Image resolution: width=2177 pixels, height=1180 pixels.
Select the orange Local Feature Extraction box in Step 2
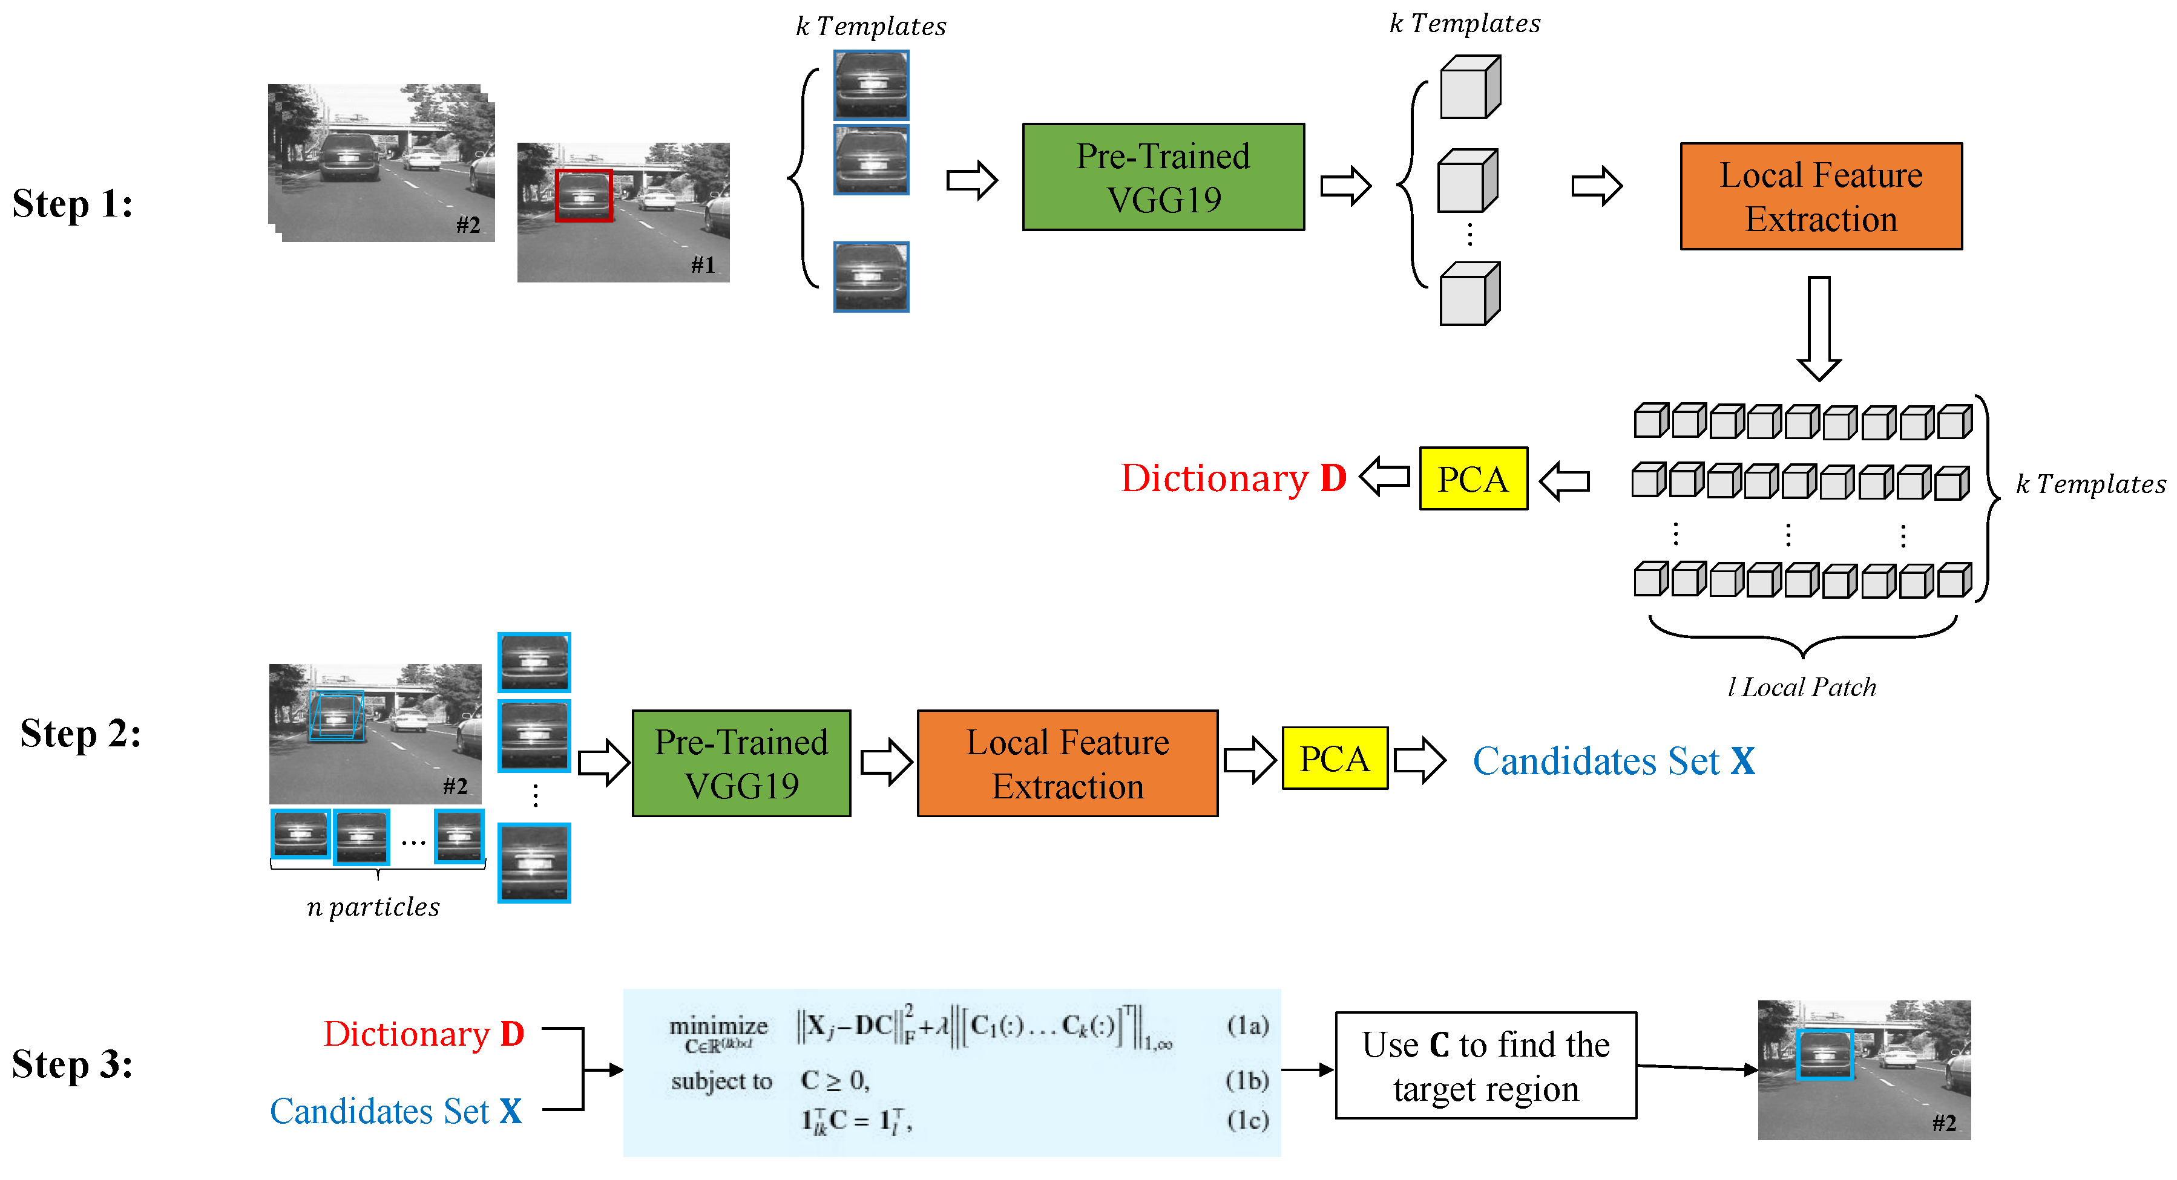pos(1068,763)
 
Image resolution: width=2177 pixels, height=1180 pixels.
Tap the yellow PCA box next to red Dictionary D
pos(1473,478)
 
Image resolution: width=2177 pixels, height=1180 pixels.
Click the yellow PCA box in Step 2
pos(1335,758)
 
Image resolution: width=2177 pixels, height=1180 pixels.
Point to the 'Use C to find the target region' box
pos(1486,1065)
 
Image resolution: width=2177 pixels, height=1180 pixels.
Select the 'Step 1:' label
pos(73,204)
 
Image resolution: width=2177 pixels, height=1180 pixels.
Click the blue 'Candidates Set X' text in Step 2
pos(1614,760)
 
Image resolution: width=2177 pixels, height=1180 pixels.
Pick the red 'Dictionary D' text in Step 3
pos(424,1033)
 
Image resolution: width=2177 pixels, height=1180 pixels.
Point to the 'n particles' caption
pos(373,907)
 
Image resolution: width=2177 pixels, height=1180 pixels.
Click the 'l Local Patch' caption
pos(1802,686)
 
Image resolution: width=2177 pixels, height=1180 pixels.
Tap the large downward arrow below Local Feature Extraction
pos(1819,328)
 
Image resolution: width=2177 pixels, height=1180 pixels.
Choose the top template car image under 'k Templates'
pos(872,85)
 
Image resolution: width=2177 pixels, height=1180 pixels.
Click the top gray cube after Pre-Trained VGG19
pos(1469,87)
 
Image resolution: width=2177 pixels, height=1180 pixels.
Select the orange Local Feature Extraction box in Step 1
pos(1821,196)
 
